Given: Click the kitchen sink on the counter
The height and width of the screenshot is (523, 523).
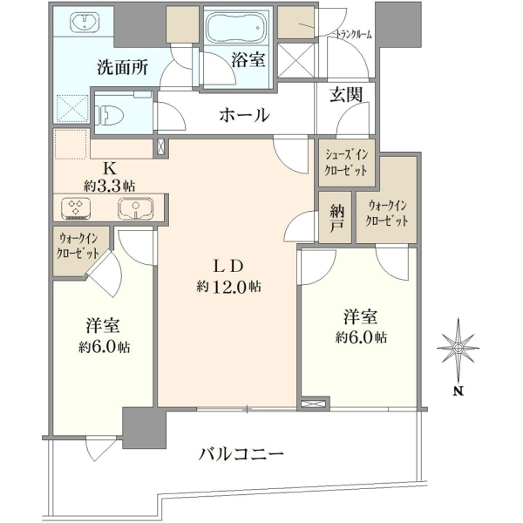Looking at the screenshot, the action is tap(135, 208).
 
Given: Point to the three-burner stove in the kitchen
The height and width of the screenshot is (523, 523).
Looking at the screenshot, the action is tap(76, 208).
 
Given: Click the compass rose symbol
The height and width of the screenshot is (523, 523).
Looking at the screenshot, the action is tap(458, 348).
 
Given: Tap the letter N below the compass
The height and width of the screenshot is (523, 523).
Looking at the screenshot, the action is tap(459, 391).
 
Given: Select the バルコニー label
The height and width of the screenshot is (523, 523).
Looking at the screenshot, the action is tap(241, 454).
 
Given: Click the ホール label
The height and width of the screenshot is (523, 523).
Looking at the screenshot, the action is tap(244, 115).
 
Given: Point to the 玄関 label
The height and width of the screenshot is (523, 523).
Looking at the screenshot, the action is tap(346, 94).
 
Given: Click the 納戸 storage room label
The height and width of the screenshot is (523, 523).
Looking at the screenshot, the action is tap(336, 217).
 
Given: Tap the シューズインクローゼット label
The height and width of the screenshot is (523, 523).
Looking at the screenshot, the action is tap(347, 163).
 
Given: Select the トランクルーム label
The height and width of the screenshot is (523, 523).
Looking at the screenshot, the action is tap(353, 35).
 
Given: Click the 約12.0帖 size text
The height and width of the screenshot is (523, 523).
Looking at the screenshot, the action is tap(228, 287).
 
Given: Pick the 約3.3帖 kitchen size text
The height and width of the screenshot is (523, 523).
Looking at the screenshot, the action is tap(110, 186).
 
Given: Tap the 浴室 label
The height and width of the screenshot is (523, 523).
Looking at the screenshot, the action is tap(248, 60).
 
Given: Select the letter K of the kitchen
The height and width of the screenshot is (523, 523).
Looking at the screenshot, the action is tap(110, 169).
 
